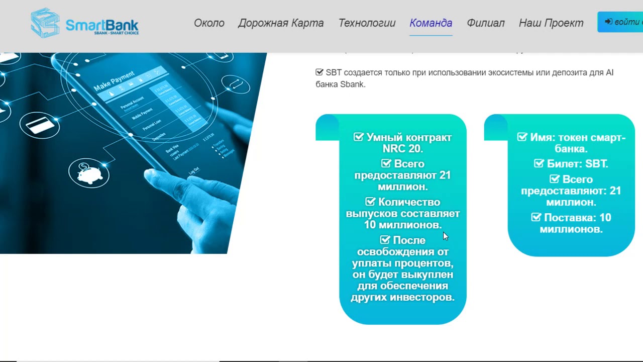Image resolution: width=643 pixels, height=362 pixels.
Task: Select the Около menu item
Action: tap(209, 23)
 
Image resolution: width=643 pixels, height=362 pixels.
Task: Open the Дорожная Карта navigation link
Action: tap(281, 23)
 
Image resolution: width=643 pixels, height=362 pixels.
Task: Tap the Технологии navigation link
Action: tap(367, 23)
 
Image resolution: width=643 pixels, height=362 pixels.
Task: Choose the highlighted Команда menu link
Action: tap(431, 23)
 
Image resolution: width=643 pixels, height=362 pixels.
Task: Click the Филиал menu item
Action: tap(485, 23)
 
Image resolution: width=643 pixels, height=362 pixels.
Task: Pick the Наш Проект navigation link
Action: tap(551, 23)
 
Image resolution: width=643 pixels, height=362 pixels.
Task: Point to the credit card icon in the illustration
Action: tap(40, 124)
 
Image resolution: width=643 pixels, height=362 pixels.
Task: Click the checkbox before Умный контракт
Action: tap(359, 137)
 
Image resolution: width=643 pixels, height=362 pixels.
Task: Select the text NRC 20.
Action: tap(402, 149)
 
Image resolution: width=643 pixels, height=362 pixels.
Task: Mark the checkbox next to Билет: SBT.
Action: tap(539, 164)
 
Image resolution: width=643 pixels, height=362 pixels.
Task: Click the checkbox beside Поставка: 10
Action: tap(537, 218)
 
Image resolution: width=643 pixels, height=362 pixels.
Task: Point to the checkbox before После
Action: tap(385, 240)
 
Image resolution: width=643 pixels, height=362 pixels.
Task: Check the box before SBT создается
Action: tap(319, 72)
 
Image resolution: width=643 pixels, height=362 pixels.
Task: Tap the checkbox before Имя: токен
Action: tap(522, 137)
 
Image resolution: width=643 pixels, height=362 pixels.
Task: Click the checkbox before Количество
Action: tap(370, 202)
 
